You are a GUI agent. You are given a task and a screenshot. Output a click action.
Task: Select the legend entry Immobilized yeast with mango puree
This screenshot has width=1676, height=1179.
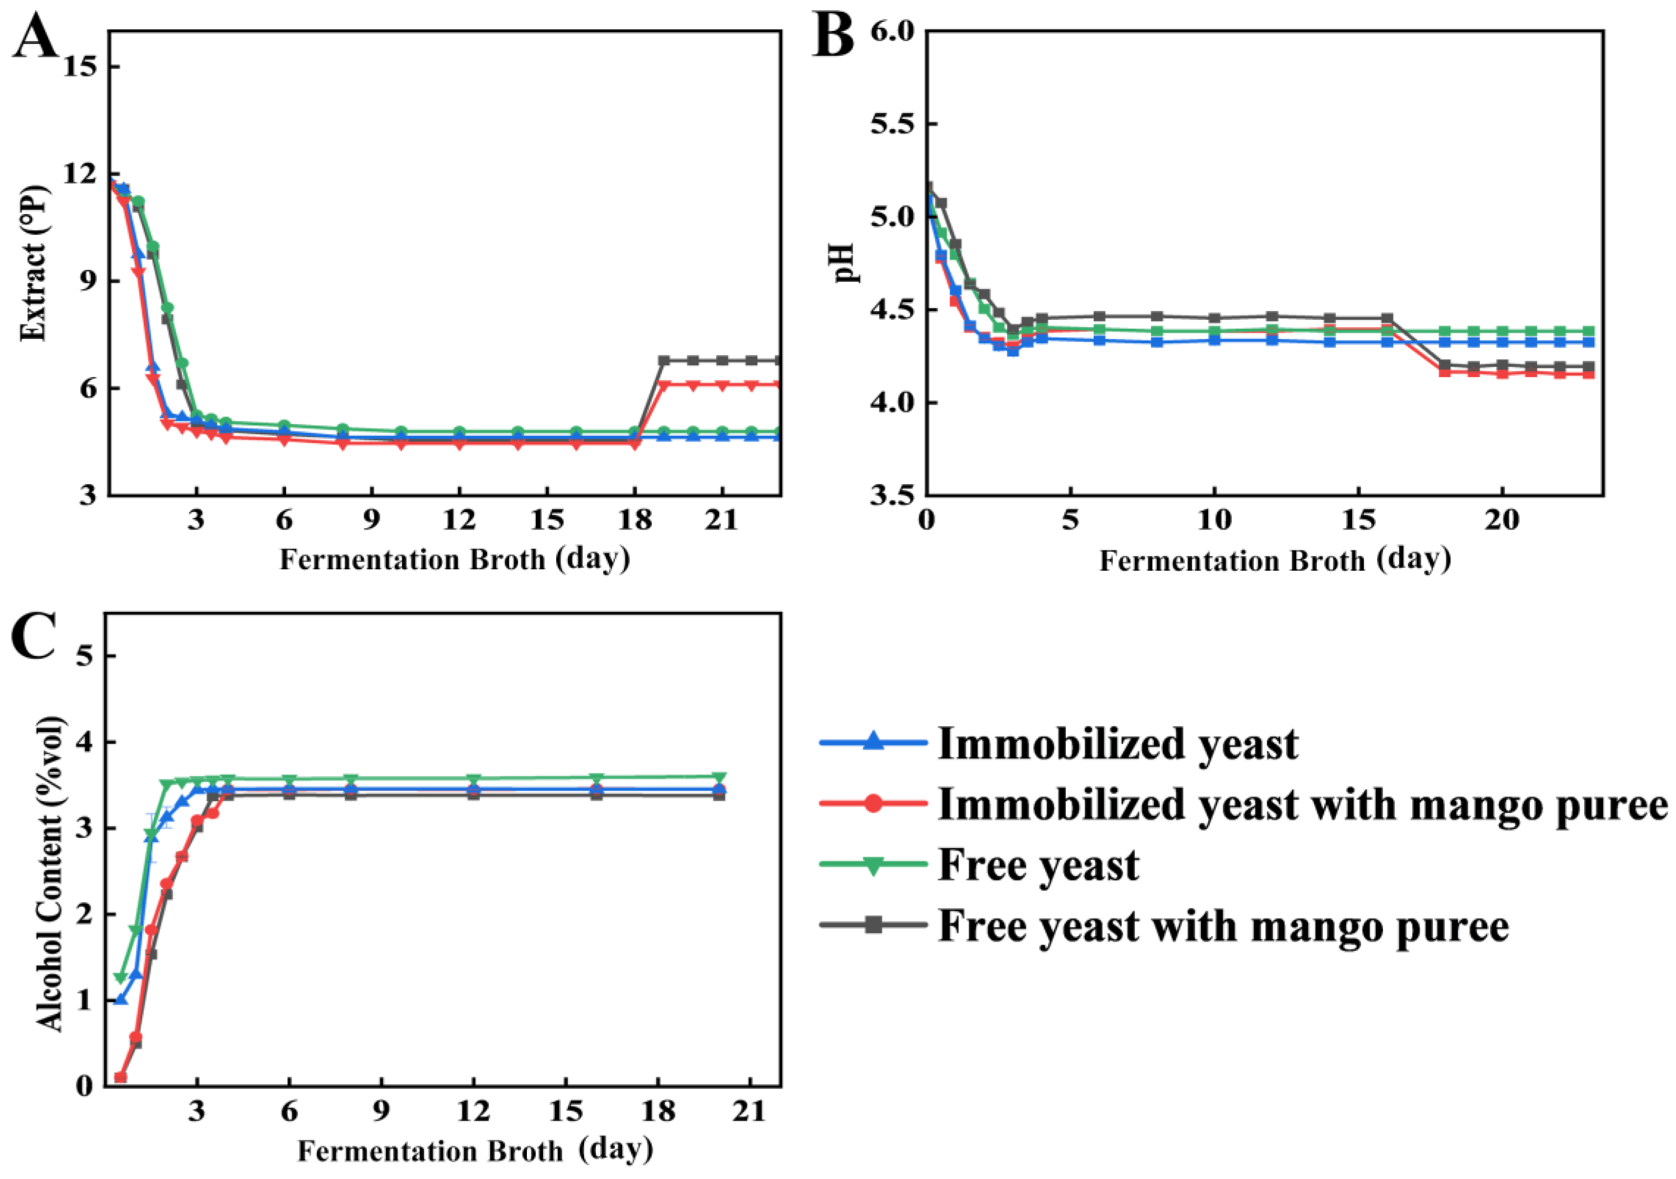(x=1302, y=805)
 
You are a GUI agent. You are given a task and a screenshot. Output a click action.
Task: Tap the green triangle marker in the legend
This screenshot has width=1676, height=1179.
(x=873, y=865)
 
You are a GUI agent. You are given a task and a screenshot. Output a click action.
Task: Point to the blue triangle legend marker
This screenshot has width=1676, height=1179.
(x=873, y=743)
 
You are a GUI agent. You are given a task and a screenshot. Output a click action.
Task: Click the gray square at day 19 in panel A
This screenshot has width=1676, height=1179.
(x=663, y=360)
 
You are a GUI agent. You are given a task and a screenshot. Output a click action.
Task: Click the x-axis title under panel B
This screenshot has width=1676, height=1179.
(x=1274, y=560)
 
